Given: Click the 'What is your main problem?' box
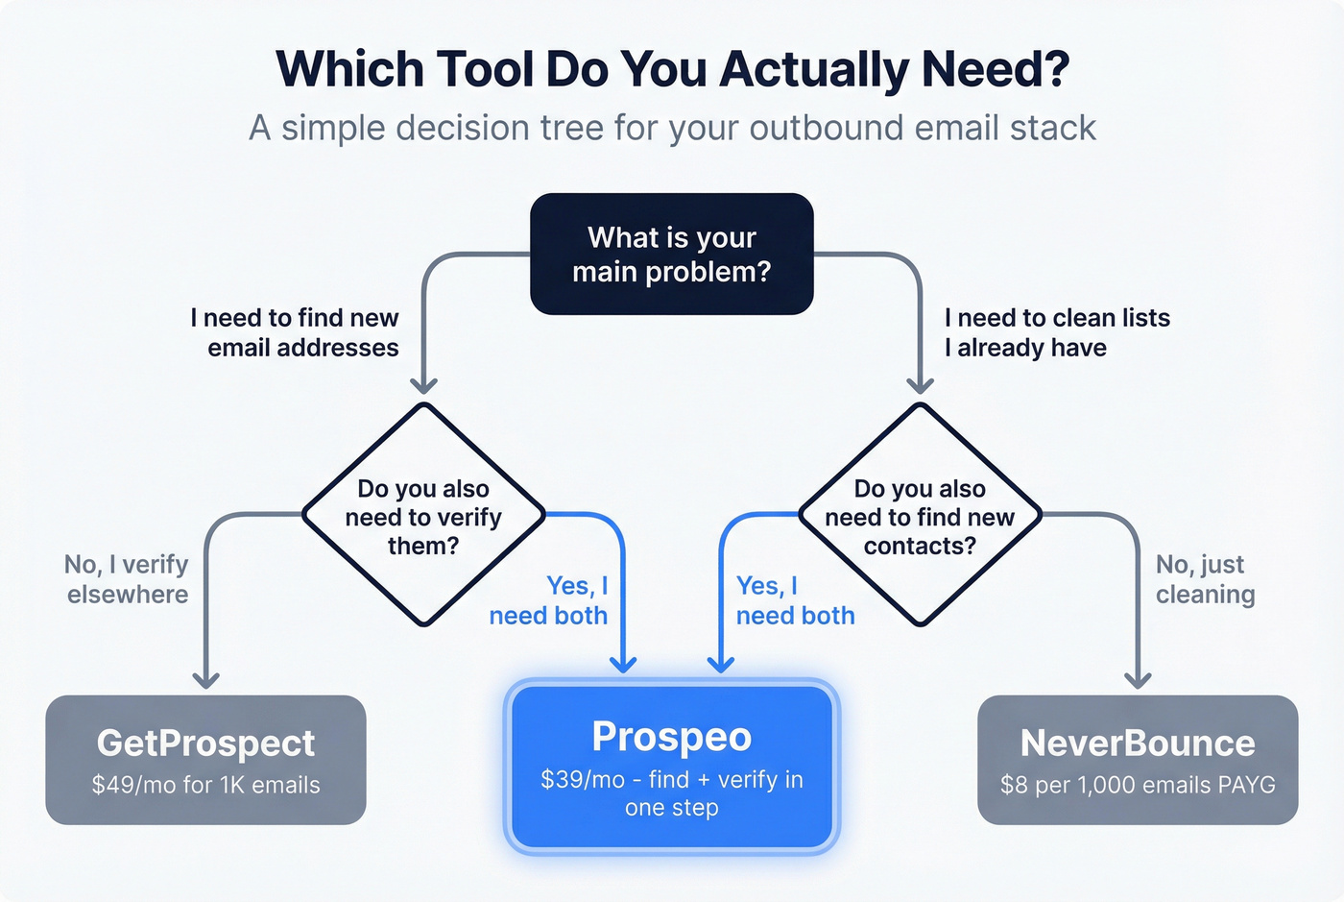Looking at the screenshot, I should [x=672, y=255].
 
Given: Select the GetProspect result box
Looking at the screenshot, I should [x=205, y=759].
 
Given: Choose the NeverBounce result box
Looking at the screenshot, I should [x=1138, y=759].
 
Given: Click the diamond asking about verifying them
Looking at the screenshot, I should [x=423, y=516].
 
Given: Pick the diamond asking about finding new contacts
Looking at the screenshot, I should [x=920, y=516].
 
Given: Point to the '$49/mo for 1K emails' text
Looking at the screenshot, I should [x=205, y=785].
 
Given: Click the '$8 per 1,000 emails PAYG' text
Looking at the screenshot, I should [x=1138, y=785].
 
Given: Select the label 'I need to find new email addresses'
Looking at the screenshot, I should [x=296, y=332].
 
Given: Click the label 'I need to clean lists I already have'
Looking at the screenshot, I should [x=1056, y=332].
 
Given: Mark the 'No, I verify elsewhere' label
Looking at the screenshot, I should [x=127, y=579].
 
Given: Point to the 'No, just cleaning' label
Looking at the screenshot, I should [x=1204, y=579].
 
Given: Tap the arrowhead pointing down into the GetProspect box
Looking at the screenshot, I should [x=205, y=678].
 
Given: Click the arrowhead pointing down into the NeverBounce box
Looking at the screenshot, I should [x=1138, y=678].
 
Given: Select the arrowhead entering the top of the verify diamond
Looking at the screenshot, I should [x=423, y=384].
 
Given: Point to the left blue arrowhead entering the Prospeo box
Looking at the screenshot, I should [x=623, y=663].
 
